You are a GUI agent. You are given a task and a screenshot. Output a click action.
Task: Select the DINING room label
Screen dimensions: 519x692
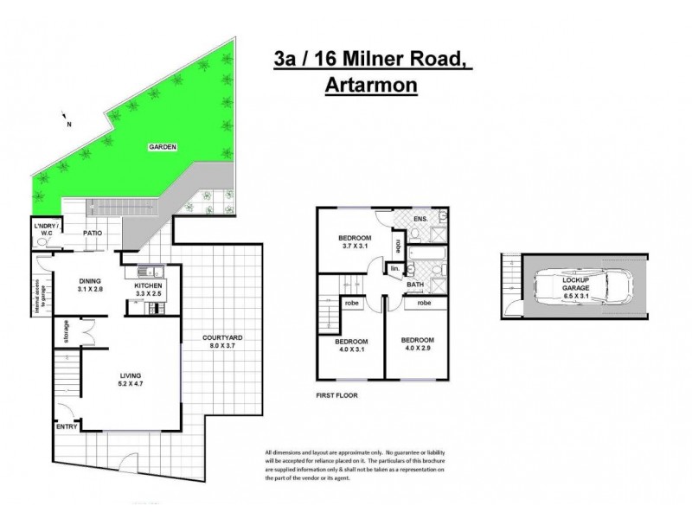pyautogui.click(x=90, y=280)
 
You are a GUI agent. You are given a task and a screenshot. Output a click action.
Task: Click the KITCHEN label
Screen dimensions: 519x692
pyautogui.click(x=144, y=286)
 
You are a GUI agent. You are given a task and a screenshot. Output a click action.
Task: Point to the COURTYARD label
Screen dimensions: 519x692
pyautogui.click(x=221, y=338)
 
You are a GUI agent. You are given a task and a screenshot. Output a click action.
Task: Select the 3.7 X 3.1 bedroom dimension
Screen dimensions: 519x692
pyautogui.click(x=355, y=247)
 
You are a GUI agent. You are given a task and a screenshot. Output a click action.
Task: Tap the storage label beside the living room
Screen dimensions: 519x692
pyautogui.click(x=66, y=330)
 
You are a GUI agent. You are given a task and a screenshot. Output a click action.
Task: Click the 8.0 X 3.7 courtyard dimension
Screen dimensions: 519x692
pyautogui.click(x=221, y=347)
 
